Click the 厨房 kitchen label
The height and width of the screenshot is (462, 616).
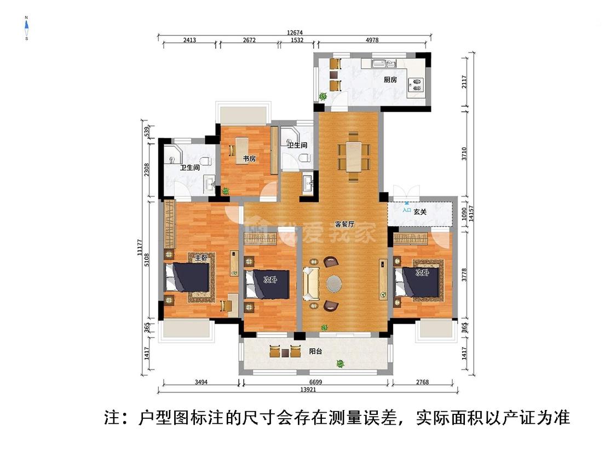(390, 80)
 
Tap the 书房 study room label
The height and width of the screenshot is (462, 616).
(250, 159)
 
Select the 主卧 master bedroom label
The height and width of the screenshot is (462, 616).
(200, 257)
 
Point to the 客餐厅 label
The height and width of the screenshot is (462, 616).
(345, 224)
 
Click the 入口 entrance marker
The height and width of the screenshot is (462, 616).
(406, 210)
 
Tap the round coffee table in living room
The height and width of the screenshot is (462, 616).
(333, 284)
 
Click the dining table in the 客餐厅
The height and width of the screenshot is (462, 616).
(353, 156)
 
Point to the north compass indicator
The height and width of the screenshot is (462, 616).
(26, 28)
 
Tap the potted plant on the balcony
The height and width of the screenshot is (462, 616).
(340, 363)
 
